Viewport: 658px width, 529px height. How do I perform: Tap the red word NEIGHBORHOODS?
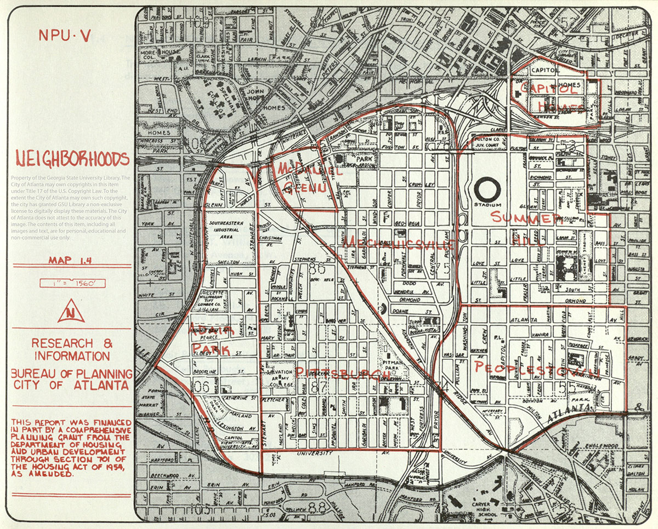pyautogui.click(x=72, y=159)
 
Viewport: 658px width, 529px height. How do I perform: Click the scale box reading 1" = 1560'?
pyautogui.click(x=72, y=284)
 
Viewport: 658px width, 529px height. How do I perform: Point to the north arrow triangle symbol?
pyautogui.click(x=71, y=312)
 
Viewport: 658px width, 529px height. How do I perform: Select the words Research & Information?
pyautogui.click(x=71, y=349)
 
